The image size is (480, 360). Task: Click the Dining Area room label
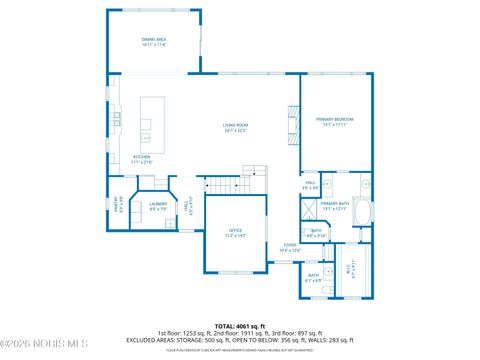(x=153, y=41)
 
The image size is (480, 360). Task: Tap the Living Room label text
(x=235, y=127)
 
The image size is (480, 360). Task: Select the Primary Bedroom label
(x=336, y=121)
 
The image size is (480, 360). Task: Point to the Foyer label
(x=289, y=247)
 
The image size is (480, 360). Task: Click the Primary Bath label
(x=333, y=206)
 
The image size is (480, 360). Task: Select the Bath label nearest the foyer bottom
(x=314, y=277)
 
